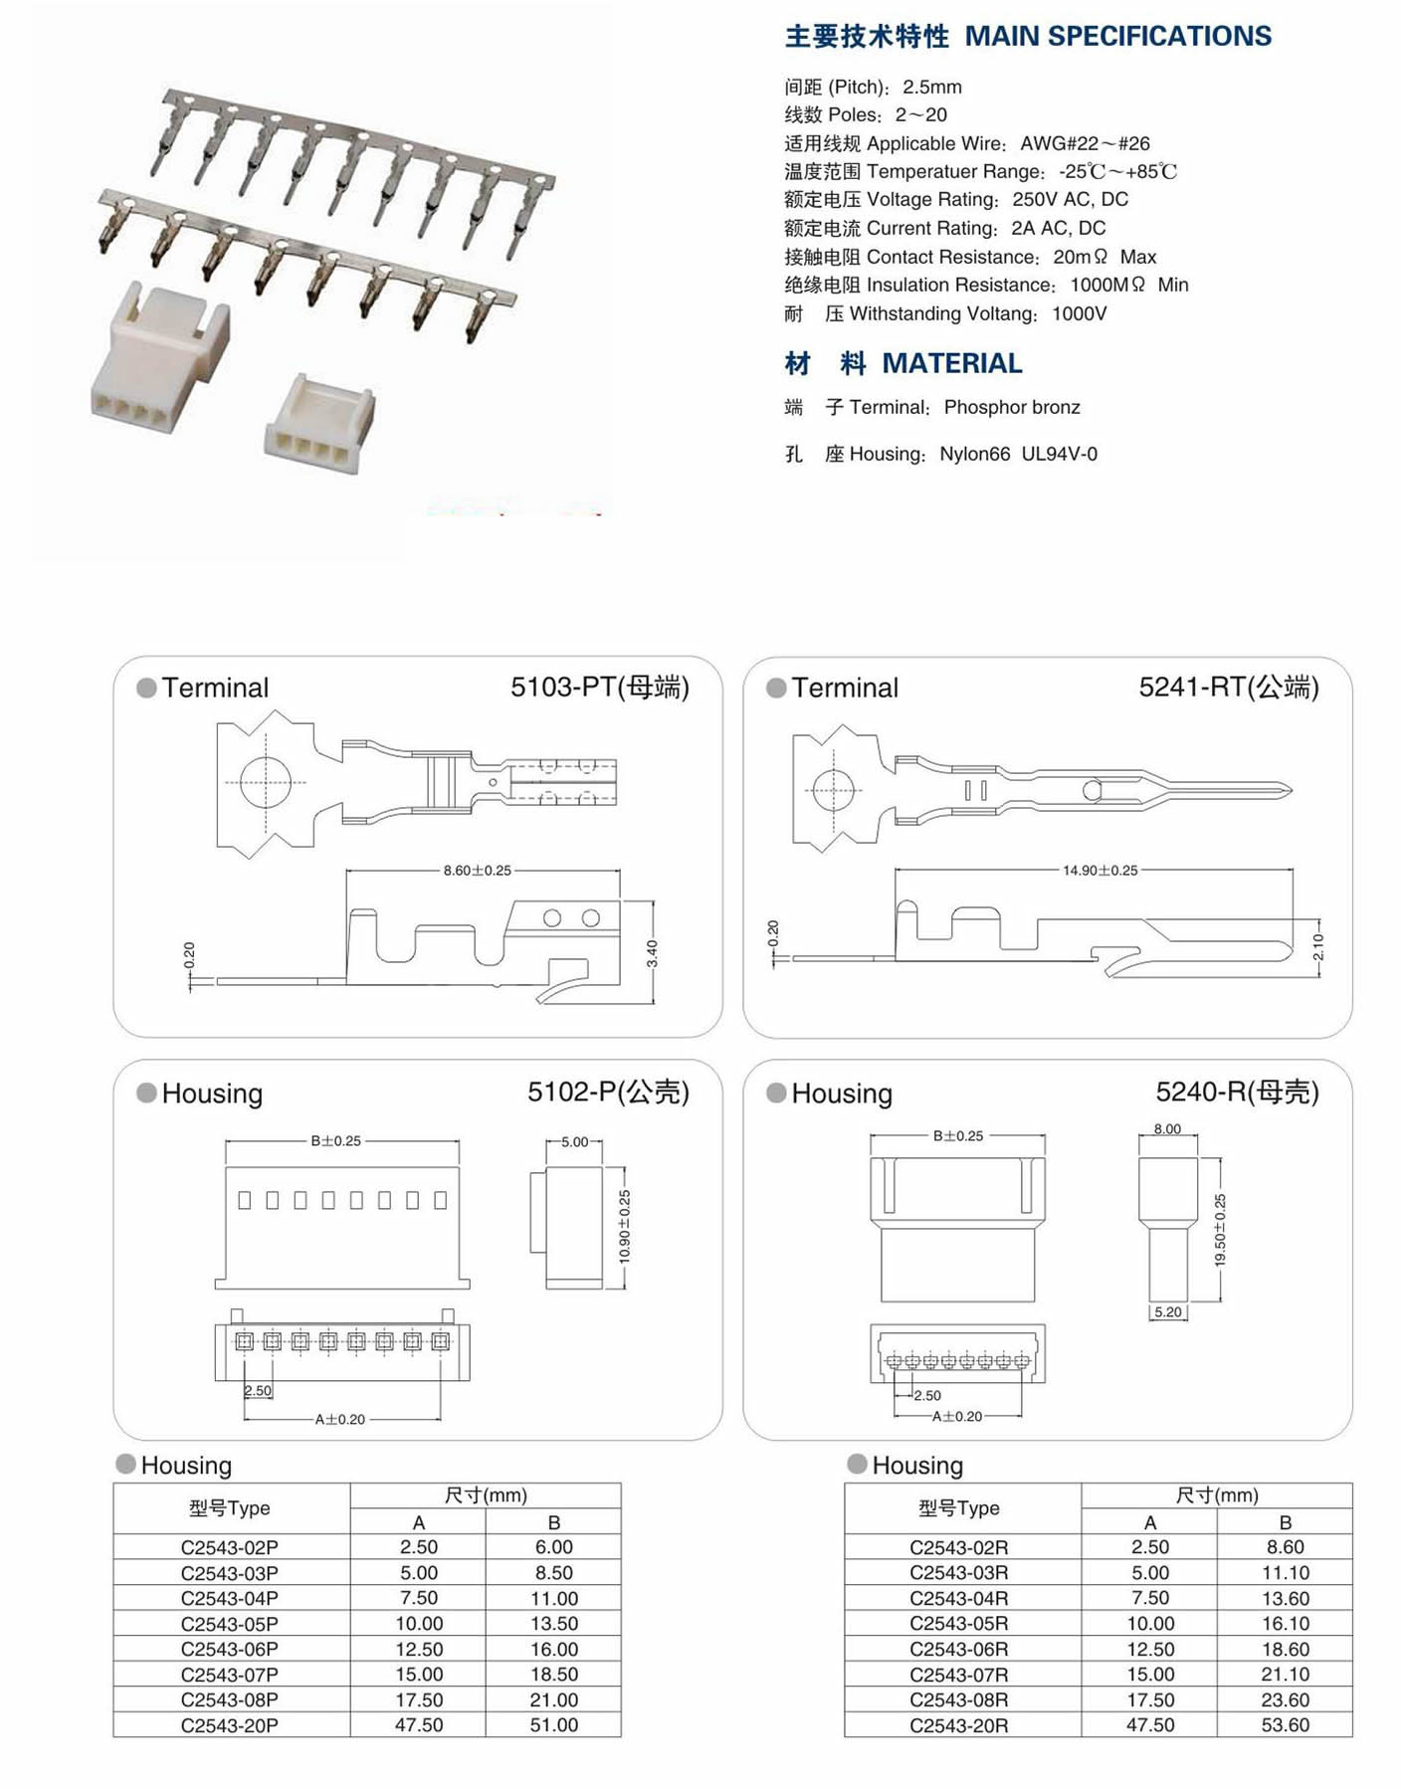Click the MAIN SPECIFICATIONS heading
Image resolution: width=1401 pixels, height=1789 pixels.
pos(1117,37)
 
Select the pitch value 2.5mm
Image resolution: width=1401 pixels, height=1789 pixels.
pos(931,87)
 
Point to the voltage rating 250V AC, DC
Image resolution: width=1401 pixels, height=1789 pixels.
pos(1070,199)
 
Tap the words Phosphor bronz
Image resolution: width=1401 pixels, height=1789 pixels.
pos(1011,407)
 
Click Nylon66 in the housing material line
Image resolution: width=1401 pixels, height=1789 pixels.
pos(974,454)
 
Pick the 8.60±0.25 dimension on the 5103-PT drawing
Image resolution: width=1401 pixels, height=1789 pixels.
pos(477,871)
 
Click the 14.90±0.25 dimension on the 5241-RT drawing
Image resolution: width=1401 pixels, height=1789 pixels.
pos(1100,871)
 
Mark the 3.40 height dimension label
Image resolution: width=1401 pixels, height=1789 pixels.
pos(653,953)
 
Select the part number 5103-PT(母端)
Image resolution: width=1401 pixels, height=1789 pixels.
pos(599,688)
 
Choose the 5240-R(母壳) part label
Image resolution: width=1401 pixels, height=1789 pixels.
pos(1236,1093)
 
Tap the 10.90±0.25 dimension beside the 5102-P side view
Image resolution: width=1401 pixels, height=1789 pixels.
pos(625,1227)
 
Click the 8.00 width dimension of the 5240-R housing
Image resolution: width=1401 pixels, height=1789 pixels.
pos(1167,1129)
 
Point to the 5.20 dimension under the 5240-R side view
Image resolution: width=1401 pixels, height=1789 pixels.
pos(1167,1312)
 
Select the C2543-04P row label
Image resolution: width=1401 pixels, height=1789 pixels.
pos(230,1598)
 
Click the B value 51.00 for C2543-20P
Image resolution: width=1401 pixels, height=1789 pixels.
pos(553,1725)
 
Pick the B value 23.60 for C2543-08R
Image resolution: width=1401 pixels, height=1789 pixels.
pos(1285,1699)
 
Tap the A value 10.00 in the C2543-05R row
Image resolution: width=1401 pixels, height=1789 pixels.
pos(1150,1623)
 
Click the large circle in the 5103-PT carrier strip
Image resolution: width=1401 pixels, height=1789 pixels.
pos(265,782)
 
